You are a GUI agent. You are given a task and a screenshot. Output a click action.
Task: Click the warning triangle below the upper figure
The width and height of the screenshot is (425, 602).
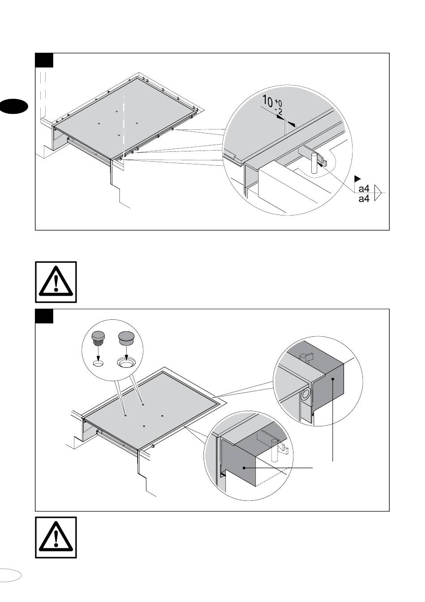[x=56, y=282]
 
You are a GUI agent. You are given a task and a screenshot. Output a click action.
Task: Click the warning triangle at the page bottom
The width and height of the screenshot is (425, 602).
[x=56, y=537]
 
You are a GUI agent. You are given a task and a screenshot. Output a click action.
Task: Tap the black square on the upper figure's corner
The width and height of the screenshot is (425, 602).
[x=44, y=60]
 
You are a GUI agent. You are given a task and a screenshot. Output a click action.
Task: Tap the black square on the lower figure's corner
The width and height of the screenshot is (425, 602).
[x=44, y=316]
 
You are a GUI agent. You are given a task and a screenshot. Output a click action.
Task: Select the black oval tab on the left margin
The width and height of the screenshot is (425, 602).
[x=13, y=107]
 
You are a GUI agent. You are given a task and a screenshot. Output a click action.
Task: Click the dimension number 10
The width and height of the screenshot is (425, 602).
[x=268, y=100]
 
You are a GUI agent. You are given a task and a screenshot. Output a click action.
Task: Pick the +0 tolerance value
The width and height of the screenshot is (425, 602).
[x=278, y=103]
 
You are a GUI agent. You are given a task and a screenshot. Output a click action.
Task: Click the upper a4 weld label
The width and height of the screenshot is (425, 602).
[x=364, y=189]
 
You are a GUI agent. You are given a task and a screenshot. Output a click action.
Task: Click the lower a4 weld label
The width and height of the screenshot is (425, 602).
[x=364, y=198]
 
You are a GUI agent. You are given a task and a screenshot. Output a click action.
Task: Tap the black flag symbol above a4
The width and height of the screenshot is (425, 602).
[x=357, y=178]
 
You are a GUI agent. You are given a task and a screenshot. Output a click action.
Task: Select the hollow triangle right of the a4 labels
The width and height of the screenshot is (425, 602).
[x=378, y=193]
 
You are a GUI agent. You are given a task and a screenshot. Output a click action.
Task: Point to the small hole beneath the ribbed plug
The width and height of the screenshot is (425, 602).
[x=98, y=364]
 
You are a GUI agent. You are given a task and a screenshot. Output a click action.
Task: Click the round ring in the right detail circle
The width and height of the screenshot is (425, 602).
[x=306, y=395]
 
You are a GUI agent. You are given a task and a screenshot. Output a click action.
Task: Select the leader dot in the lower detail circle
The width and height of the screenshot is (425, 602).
[x=244, y=468]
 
